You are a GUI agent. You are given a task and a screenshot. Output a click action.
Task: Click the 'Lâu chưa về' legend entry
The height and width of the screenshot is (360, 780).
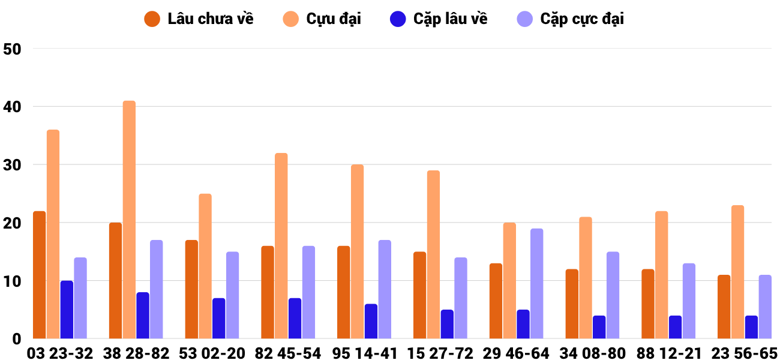199,19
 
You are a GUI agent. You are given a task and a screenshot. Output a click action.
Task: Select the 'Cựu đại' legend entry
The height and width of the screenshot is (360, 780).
322,19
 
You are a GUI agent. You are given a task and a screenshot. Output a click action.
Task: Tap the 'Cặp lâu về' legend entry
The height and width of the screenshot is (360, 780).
439,19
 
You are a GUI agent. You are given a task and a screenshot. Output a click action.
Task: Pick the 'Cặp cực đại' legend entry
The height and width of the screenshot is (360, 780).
571,19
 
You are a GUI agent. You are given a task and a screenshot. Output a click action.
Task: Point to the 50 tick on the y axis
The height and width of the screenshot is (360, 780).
12,49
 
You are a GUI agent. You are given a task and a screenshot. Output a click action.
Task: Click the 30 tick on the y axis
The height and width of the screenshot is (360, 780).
12,165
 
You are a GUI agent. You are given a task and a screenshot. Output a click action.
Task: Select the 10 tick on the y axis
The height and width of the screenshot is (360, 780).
12,281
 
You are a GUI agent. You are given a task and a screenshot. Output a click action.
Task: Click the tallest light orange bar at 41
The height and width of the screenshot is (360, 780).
129,220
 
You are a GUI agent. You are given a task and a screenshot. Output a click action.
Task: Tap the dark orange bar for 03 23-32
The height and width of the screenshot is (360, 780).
40,275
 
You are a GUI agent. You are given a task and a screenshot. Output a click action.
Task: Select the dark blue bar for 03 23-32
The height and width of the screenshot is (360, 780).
67,310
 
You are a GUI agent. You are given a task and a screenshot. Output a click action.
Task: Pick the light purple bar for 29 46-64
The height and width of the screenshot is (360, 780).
536,283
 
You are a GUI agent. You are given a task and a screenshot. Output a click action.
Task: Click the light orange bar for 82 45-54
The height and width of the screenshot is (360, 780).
281,246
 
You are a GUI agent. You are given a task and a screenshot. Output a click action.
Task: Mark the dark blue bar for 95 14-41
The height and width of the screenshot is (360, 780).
371,321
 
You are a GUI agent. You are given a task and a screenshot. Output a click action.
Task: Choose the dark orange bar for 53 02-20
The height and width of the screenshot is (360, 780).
191,289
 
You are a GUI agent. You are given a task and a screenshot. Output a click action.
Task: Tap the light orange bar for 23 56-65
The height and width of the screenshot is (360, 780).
737,272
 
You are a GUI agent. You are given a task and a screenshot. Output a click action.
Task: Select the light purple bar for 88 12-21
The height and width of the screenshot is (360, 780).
689,301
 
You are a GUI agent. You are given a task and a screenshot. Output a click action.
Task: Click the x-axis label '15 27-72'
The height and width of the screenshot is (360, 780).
440,353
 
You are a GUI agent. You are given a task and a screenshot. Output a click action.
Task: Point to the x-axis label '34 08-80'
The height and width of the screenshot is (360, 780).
592,353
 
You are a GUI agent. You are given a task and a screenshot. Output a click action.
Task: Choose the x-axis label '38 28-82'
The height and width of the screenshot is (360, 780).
136,353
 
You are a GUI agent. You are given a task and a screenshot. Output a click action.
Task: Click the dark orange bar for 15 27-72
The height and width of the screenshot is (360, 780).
419,295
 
